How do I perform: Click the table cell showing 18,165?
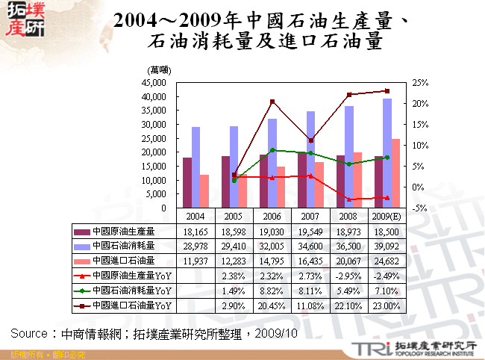tap(196, 231)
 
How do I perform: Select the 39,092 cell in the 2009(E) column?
tap(387, 246)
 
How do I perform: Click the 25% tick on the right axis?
tap(420, 83)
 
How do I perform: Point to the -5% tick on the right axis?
tap(419, 208)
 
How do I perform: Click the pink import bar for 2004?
tap(204, 191)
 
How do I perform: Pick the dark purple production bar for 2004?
tap(187, 182)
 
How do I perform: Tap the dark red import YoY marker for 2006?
tap(272, 102)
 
